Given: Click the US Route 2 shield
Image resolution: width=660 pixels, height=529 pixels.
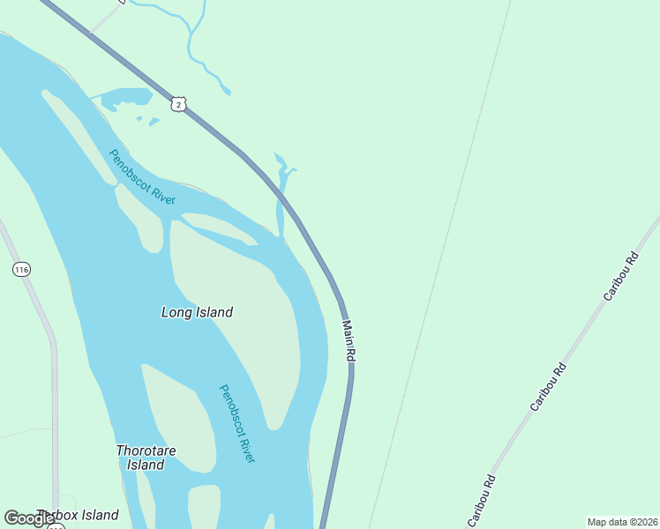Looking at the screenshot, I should click(179, 104).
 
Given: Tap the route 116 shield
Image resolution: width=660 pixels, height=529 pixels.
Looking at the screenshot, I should click(22, 269).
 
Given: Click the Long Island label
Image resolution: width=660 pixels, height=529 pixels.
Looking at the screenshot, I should click(197, 312).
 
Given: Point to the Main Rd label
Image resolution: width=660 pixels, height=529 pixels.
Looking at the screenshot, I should click(349, 340).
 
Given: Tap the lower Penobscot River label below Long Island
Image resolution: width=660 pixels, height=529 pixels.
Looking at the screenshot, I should click(237, 423).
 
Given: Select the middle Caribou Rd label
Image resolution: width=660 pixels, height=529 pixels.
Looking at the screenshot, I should click(547, 386).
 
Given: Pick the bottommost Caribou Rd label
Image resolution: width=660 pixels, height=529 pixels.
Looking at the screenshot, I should click(481, 499).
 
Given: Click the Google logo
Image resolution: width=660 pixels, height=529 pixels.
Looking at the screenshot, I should click(28, 518).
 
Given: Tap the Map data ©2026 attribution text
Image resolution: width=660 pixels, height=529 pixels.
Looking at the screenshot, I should click(622, 522).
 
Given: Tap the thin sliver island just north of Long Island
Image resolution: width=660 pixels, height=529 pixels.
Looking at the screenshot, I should click(216, 227).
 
